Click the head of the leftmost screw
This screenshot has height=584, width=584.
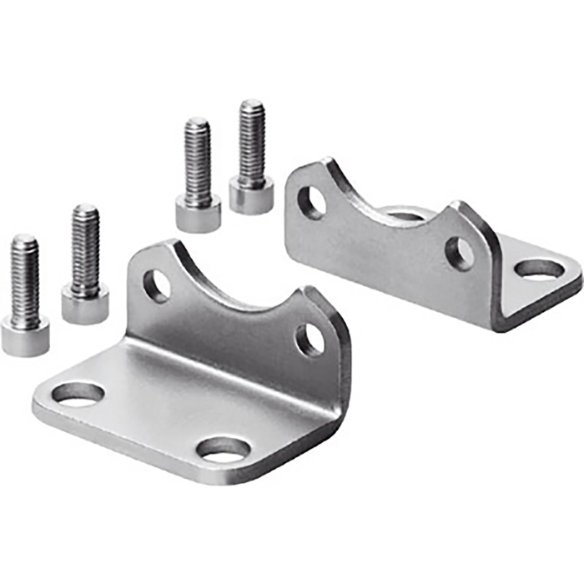pos(24,337)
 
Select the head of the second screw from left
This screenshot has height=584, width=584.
pos(85,305)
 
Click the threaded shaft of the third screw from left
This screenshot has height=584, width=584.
pos(198,163)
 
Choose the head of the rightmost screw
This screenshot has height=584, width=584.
pos(251,196)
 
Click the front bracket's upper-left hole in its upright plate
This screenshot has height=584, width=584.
pos(156,285)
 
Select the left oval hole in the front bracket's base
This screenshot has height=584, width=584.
pos(78,394)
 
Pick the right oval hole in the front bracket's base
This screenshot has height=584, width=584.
pos(224,449)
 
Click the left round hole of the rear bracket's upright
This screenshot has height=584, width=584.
pos(312,202)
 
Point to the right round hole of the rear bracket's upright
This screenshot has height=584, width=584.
pos(459,254)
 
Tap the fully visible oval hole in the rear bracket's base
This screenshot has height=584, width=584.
pos(540,269)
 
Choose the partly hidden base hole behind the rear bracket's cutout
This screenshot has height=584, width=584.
pos(406,216)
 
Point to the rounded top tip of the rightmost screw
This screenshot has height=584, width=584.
pos(252,104)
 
